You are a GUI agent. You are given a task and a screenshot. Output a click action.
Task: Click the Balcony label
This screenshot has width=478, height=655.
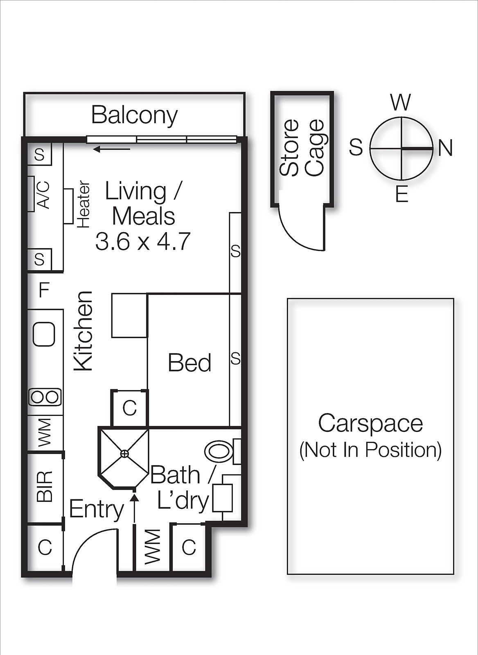pos(134,115)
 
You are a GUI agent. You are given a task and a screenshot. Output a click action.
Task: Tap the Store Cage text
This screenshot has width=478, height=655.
pos(302,148)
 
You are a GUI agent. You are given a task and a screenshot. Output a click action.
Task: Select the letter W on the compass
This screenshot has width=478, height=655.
pos(400,102)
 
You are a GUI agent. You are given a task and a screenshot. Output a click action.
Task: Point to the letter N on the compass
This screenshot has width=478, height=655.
pos(445,148)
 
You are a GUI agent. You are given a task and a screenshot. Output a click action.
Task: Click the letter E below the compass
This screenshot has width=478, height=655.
pos(401,194)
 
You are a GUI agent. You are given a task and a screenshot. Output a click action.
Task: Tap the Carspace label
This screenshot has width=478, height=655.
pos(370,423)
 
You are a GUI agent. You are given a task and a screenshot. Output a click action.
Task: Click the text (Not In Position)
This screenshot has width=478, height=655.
pos(370,450)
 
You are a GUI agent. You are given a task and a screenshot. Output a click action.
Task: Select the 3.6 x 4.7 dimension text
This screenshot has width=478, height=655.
pos(143,242)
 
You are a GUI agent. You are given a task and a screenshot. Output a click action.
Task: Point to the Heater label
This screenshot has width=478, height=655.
pos(83,204)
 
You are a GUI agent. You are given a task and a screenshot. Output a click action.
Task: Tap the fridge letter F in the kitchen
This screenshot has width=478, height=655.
pos(44,290)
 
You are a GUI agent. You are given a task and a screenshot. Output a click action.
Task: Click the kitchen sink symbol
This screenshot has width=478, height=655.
pos(44,334)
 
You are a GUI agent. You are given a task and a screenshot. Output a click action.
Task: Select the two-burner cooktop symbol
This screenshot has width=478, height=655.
pos(45,397)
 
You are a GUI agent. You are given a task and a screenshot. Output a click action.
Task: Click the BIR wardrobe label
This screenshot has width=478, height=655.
pos(45,486)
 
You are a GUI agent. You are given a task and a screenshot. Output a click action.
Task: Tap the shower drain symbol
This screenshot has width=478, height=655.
pos(124,453)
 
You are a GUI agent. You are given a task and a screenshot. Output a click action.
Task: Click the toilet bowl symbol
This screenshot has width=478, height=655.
pos(219,451)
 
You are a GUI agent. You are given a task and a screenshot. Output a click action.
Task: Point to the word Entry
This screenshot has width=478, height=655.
pos(96,509)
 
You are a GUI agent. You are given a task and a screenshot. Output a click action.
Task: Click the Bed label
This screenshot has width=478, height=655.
pos(189,363)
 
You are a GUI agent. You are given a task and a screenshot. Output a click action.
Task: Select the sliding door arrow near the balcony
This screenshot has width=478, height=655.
pos(111,149)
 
